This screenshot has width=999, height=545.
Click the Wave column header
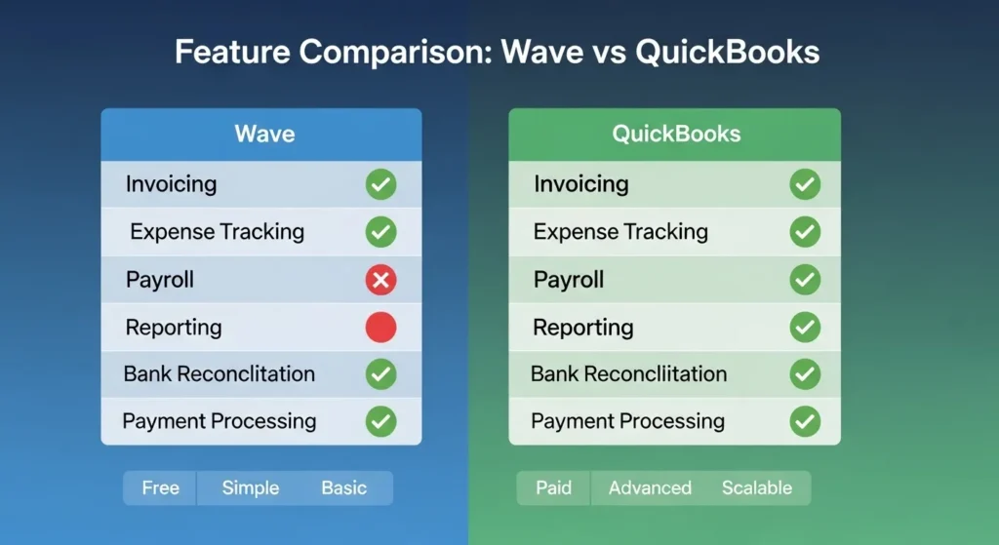point(264,134)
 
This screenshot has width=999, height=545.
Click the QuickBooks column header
point(676,134)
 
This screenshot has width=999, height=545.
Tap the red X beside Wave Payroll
point(381,280)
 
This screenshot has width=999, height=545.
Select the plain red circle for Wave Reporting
point(381,328)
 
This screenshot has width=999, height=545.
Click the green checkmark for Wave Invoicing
point(381,184)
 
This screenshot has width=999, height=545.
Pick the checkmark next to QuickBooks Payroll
point(805,280)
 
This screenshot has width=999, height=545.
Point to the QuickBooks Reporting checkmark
point(805,328)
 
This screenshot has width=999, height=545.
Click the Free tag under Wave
point(161,487)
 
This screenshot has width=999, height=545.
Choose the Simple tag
point(251,487)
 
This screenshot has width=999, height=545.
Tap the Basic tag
point(344,487)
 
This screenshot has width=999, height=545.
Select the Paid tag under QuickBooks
point(554,487)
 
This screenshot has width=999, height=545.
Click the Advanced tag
point(650,487)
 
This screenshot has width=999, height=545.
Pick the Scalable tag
point(757,487)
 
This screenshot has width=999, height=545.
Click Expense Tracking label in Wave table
point(218,232)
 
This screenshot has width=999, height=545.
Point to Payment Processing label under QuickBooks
point(627,421)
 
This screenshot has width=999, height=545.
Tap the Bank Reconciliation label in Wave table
point(220,373)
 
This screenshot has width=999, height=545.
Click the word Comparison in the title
point(396,53)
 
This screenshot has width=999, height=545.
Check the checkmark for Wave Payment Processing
point(381,421)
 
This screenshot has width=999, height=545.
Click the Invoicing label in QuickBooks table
point(581,184)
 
